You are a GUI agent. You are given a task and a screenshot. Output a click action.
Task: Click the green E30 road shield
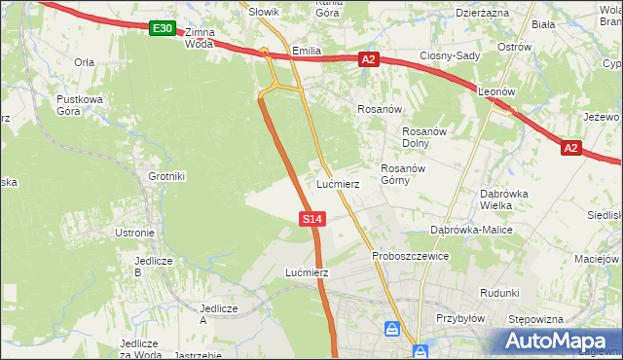coord(163,29)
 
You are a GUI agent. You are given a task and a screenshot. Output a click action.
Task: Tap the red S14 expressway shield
coord(311,220)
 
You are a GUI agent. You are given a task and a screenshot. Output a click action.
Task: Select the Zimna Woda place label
coord(199,38)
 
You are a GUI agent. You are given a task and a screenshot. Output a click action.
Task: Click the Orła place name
coord(84,61)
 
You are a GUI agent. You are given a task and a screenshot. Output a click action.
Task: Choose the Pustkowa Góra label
coord(80,105)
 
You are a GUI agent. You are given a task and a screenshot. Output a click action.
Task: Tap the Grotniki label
coord(166,176)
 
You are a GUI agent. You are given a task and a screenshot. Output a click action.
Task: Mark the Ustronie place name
coord(135,233)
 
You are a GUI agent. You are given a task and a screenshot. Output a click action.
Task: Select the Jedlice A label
coord(217,313)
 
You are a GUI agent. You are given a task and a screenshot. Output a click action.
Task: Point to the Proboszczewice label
coord(410,256)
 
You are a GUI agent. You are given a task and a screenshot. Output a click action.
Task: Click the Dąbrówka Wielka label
coord(504,198)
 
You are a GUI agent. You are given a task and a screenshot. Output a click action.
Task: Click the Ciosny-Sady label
coord(450,55)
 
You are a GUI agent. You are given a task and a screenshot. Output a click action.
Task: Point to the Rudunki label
coord(499,293)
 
